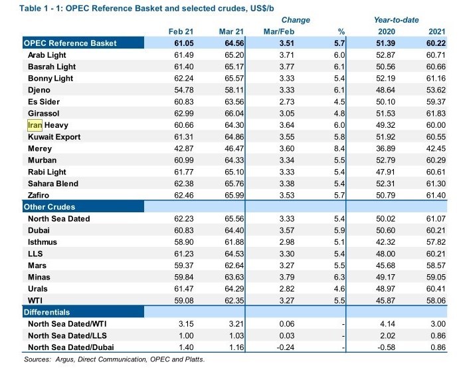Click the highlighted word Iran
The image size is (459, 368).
pos(35,125)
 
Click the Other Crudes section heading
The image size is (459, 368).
pos(50,207)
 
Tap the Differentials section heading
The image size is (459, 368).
pos(47,311)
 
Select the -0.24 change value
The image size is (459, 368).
pos(283,347)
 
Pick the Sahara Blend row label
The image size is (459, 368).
pos(53,184)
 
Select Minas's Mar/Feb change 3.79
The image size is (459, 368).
pos(284,277)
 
